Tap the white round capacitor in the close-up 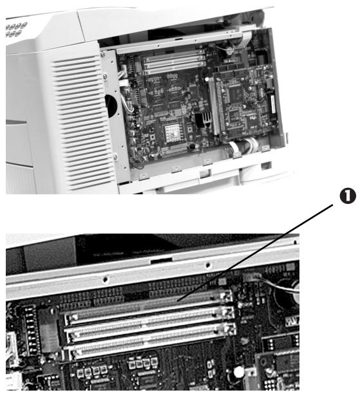[238, 371]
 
